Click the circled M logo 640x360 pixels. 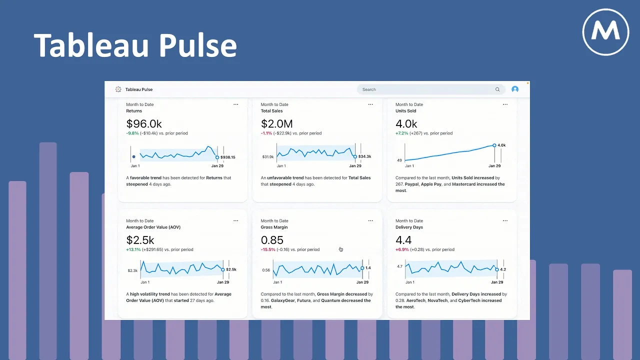coord(605,32)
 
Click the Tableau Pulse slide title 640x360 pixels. coord(135,45)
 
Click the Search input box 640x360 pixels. coord(425,89)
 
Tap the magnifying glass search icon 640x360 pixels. coord(497,89)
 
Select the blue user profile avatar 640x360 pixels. coord(515,89)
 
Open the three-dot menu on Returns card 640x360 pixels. coord(236,104)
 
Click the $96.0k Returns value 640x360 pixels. coord(144,124)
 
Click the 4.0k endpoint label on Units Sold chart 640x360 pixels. coord(501,145)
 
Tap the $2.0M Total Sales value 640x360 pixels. coord(277,124)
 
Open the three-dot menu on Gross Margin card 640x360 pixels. coord(370,220)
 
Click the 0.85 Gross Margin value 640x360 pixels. coord(272,240)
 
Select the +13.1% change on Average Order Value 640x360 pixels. coord(133,249)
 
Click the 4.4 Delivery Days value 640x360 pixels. coord(403,240)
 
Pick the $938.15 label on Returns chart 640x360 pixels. coord(228,157)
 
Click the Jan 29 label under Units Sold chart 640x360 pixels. coord(494,166)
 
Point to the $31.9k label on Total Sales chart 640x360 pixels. coord(267,157)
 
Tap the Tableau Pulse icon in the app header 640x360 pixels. coord(118,89)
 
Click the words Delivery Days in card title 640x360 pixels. coord(409,227)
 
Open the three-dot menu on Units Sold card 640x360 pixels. coord(505,104)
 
